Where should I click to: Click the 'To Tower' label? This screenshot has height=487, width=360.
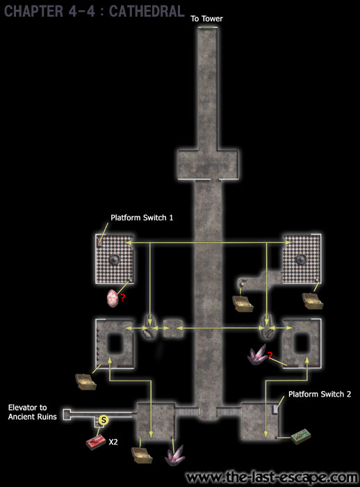(206, 19)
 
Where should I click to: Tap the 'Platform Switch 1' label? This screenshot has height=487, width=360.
(142, 218)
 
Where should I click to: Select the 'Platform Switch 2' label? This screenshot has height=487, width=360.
(320, 394)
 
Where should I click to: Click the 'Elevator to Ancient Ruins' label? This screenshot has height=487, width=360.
(32, 412)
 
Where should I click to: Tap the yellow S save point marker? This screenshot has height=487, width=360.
(104, 420)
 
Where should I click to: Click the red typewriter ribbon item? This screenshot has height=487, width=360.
(96, 442)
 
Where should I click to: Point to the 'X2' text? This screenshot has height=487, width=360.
(113, 442)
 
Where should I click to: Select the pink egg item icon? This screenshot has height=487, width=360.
(113, 298)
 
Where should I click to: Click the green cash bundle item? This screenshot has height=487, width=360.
(301, 436)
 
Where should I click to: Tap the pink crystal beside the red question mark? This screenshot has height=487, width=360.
(258, 354)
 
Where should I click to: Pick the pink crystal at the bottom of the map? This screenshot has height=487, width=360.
(175, 455)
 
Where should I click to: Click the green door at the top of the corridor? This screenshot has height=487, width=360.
(208, 28)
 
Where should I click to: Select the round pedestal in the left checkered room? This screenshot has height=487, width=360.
(115, 259)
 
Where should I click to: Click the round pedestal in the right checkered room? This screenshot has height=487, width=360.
(301, 259)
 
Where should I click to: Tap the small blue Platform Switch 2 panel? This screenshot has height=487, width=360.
(275, 409)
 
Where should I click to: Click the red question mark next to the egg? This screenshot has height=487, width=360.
(123, 298)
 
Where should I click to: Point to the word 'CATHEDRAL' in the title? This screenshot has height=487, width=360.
(147, 11)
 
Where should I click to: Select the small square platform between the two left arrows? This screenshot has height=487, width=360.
(173, 328)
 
